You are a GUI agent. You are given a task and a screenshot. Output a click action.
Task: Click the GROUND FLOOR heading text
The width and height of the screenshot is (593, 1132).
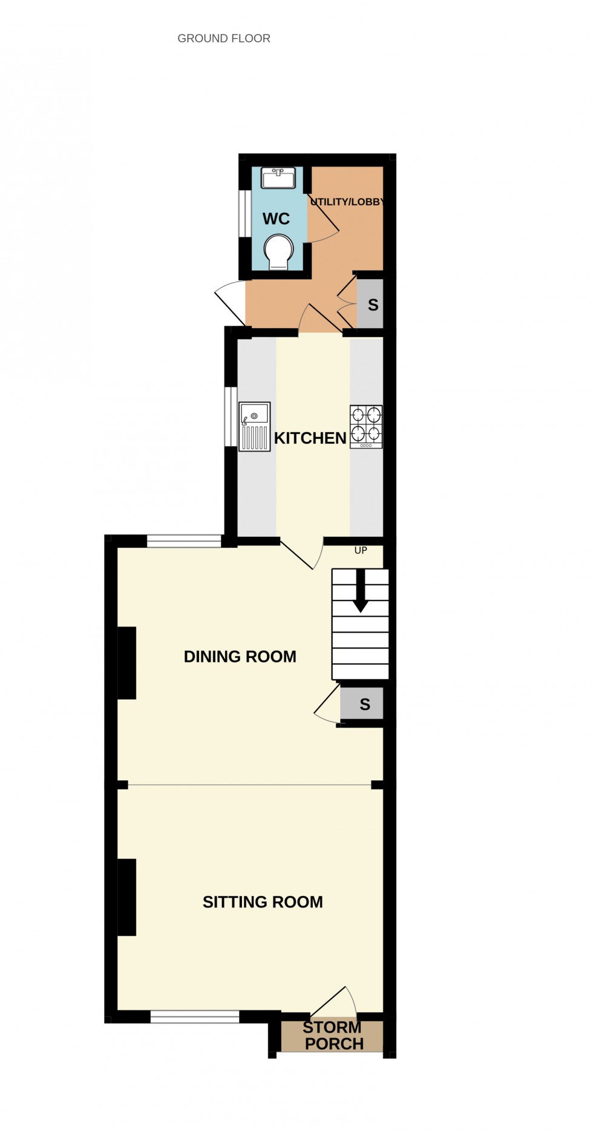coord(224,39)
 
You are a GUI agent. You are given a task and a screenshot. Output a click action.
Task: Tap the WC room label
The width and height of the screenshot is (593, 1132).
coord(276,219)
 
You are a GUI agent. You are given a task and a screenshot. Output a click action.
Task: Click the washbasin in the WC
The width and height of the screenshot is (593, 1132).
coord(278,179)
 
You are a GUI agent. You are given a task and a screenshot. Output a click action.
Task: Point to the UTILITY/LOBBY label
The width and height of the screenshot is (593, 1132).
coord(347,202)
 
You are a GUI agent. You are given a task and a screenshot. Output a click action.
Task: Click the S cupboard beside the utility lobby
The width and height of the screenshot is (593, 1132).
coord(372,304)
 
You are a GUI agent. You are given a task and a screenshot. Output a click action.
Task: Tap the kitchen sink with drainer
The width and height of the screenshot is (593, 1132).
coord(254,426)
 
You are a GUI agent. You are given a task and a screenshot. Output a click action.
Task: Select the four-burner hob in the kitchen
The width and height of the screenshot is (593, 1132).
coord(366,426)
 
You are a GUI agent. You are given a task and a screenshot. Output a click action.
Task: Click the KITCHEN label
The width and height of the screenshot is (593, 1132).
coord(310,438)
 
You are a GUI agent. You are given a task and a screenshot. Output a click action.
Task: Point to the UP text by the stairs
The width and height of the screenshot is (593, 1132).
coord(361,551)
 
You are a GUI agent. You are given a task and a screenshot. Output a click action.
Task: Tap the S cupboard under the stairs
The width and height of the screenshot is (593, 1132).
coord(364,704)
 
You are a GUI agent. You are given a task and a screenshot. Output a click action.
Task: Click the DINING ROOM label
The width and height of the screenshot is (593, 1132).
coord(240,657)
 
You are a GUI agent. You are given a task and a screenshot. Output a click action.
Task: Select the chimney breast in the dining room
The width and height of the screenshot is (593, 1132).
coord(126,663)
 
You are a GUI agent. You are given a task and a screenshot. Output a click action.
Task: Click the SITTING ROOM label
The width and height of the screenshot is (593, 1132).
coord(263,903)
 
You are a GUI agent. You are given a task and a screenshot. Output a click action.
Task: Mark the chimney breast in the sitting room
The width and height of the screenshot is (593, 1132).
coord(126,897)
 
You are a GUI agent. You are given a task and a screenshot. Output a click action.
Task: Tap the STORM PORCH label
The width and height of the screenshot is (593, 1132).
coord(333,1036)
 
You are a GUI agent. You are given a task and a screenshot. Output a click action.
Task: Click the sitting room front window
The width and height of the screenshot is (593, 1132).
coord(195,1018)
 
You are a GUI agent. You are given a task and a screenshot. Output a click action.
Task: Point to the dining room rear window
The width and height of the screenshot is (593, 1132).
coord(184,541)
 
